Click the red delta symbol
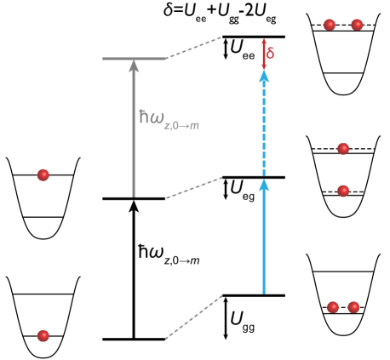(x=271, y=54)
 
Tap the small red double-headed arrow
(x=264, y=53)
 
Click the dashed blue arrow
(x=264, y=128)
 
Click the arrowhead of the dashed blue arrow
(x=264, y=76)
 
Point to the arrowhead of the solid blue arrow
(x=264, y=184)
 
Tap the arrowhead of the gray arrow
(x=133, y=64)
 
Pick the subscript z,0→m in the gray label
(x=181, y=126)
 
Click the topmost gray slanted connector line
(x=194, y=49)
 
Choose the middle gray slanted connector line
(x=194, y=188)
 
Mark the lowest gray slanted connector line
(x=194, y=317)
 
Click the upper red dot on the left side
(x=43, y=175)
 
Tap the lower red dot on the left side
(x=43, y=335)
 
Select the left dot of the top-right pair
(x=330, y=25)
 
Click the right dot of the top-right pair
(x=357, y=25)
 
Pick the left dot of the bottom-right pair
(x=333, y=307)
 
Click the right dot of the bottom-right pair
(x=353, y=307)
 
